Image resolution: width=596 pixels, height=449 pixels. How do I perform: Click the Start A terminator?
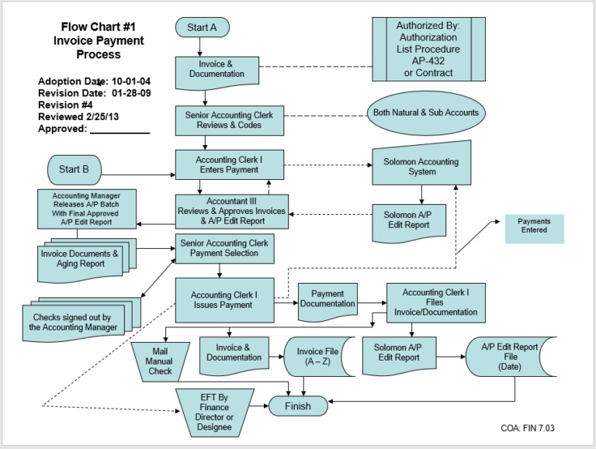[202, 28]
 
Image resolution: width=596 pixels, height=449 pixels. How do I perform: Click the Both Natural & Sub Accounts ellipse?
[425, 113]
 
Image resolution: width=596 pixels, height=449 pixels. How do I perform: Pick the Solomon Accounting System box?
[421, 165]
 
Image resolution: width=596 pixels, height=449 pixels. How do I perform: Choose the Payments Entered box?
[535, 226]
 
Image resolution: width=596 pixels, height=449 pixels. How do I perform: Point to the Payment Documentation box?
[327, 299]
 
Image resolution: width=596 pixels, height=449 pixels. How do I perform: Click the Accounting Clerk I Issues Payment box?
[224, 299]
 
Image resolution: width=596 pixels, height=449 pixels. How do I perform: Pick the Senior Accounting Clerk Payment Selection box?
[224, 248]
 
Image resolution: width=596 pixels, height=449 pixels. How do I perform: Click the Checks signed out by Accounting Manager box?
[74, 321]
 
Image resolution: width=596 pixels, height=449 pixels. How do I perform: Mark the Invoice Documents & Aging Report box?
[80, 259]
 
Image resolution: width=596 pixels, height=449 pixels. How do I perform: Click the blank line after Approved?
[120, 130]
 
